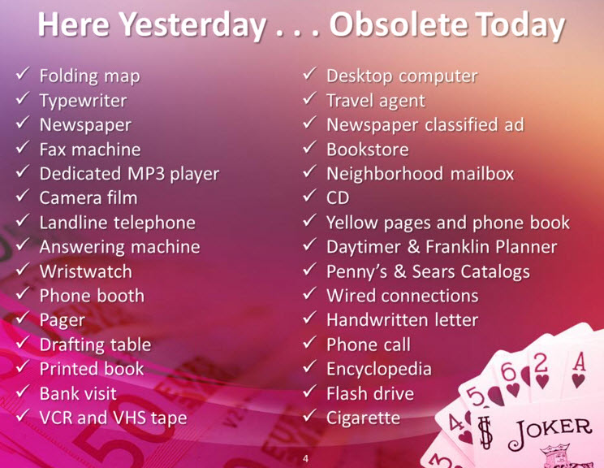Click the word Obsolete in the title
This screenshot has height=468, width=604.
click(x=399, y=24)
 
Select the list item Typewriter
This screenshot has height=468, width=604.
click(x=83, y=102)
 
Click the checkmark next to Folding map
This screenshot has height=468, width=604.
click(x=23, y=73)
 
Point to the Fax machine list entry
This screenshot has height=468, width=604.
click(x=90, y=149)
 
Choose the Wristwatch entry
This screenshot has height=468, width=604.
click(x=85, y=271)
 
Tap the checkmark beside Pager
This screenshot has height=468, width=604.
click(x=23, y=317)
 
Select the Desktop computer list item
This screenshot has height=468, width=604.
click(x=402, y=76)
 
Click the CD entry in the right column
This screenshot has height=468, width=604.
click(x=338, y=198)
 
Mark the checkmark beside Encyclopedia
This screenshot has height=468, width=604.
click(x=309, y=366)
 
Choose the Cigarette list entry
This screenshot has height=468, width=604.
click(x=363, y=418)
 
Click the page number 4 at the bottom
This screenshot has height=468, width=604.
click(x=306, y=458)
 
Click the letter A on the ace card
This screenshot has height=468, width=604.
click(x=580, y=362)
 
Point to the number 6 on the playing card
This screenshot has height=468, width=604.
click(x=508, y=371)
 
